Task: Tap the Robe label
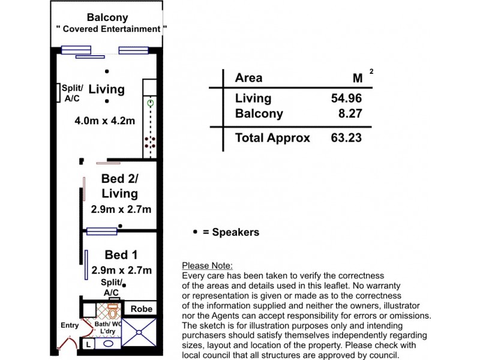pyautogui.click(x=142, y=309)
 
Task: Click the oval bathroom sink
pyautogui.click(x=108, y=344)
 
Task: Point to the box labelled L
pyautogui.click(x=88, y=344)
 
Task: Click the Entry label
pyautogui.click(x=70, y=326)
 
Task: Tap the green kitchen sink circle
pyautogui.click(x=151, y=103)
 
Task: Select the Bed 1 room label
pyautogui.click(x=121, y=255)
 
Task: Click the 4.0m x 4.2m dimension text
pyautogui.click(x=105, y=121)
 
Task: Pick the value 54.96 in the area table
pyautogui.click(x=346, y=98)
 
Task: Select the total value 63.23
pyautogui.click(x=346, y=138)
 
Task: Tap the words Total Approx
pyautogui.click(x=272, y=138)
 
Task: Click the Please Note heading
pyautogui.click(x=206, y=266)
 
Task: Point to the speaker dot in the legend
pyautogui.click(x=195, y=232)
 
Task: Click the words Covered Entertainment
pyautogui.click(x=107, y=29)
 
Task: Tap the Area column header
pyautogui.click(x=248, y=78)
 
